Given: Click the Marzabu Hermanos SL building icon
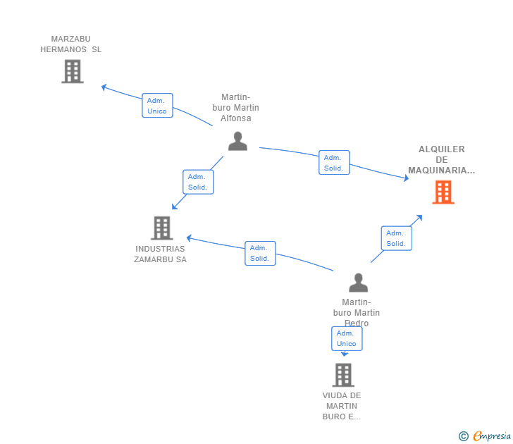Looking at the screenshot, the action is [x=73, y=71].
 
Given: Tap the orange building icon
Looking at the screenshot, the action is [x=443, y=192].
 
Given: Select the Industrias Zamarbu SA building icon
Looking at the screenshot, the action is [x=162, y=228].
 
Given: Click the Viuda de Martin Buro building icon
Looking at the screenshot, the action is [x=343, y=374].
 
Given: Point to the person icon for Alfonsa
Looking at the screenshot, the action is [x=237, y=141].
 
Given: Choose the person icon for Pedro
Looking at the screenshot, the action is [x=358, y=283].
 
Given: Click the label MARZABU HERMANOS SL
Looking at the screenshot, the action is [x=71, y=44].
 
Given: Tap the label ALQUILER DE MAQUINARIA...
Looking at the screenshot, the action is [x=442, y=160].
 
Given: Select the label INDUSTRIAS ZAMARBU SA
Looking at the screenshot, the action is [x=161, y=254].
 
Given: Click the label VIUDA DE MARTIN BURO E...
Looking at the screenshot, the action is [x=342, y=406].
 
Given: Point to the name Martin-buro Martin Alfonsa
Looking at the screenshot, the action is [x=236, y=108].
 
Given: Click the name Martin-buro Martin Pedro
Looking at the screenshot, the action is [x=357, y=312].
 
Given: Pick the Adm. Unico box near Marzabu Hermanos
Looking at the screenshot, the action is [x=157, y=106].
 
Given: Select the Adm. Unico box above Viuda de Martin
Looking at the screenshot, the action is [x=347, y=338].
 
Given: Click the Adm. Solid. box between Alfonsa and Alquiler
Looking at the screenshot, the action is [x=334, y=163].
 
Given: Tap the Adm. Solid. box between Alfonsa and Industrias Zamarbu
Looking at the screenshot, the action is [x=198, y=182].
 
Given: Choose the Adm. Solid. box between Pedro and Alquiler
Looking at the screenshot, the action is [x=396, y=238].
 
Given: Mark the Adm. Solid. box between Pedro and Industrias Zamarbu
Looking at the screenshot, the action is [x=260, y=253].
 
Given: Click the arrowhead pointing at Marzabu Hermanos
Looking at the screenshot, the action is [x=104, y=87].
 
